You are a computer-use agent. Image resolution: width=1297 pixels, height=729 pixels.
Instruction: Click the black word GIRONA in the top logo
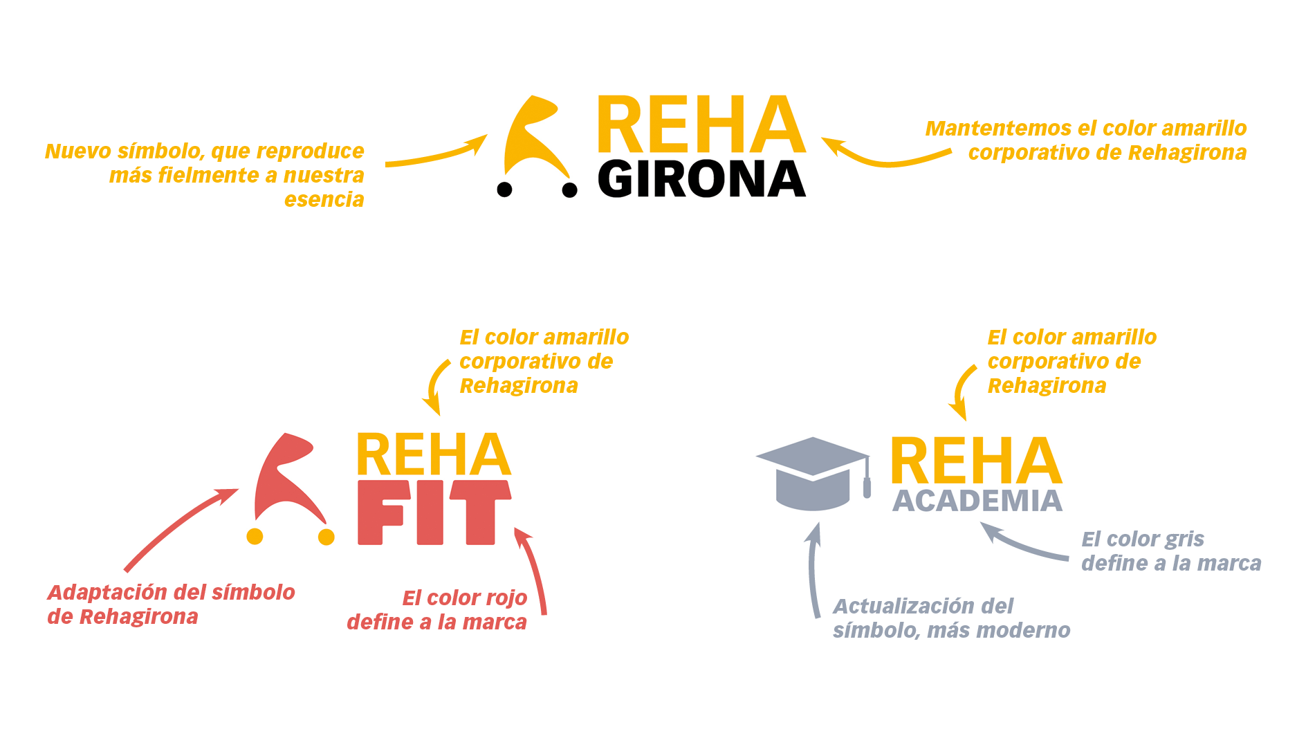coord(701,180)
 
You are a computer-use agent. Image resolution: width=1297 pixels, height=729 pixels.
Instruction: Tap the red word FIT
coord(434,512)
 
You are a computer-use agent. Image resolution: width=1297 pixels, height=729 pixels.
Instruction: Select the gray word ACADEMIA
coord(977,501)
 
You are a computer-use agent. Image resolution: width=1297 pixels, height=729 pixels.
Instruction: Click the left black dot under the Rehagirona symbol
coord(505,189)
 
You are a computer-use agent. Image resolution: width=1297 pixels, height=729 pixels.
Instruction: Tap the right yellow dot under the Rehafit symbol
coord(326,536)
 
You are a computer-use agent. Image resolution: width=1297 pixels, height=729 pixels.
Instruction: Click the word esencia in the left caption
coord(324,200)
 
